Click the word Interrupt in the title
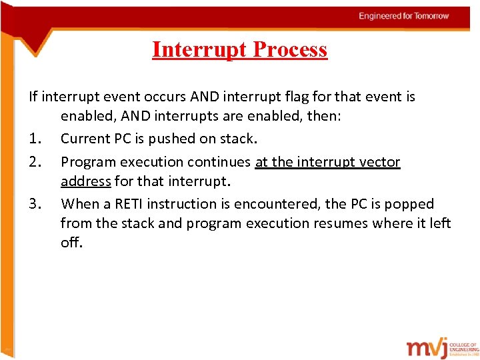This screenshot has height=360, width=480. click(x=193, y=49)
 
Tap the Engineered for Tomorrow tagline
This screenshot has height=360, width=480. click(x=403, y=15)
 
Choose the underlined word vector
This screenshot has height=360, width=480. click(x=380, y=162)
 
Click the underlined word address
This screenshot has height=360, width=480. click(x=85, y=181)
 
